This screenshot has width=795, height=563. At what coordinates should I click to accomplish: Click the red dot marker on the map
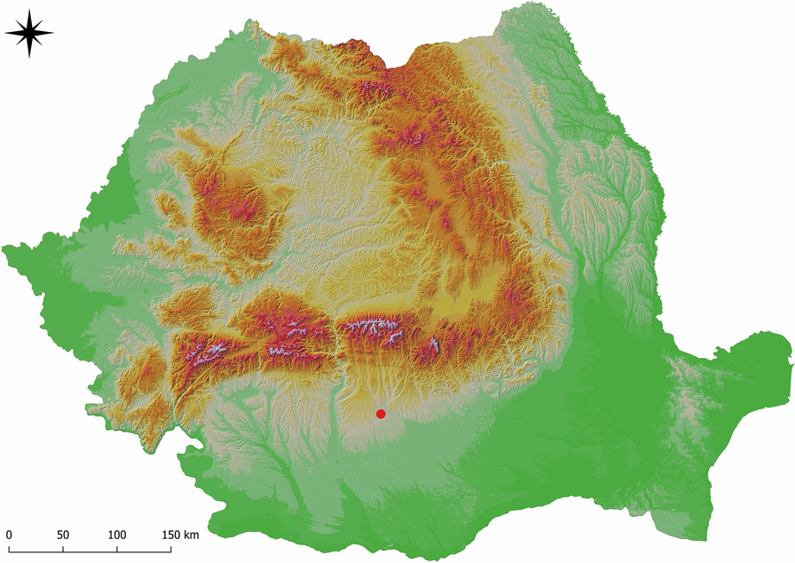[381, 414]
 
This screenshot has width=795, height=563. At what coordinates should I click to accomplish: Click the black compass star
[29, 34]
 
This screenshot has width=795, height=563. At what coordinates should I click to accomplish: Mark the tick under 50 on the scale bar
[62, 550]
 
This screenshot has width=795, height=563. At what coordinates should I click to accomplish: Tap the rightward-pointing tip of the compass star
[53, 34]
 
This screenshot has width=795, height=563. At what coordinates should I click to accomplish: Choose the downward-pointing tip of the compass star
[29, 57]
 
